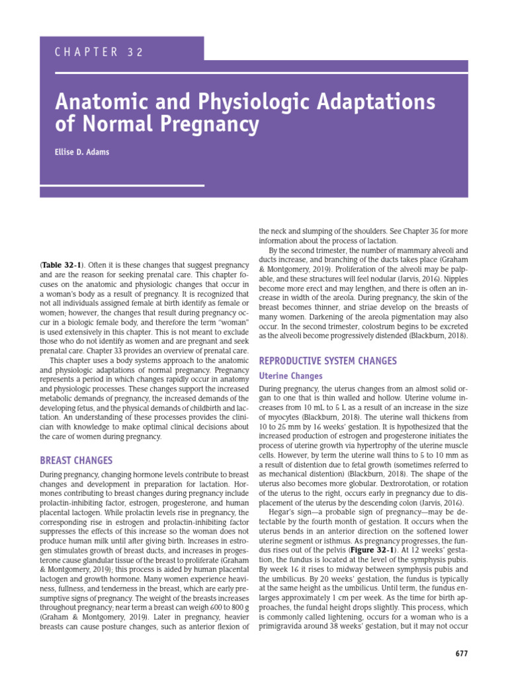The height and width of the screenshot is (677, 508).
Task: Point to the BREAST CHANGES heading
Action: pyautogui.click(x=76, y=460)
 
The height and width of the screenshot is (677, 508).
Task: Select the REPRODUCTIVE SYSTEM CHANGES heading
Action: pyautogui.click(x=327, y=361)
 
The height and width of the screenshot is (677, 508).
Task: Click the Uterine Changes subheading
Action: pyautogui.click(x=290, y=376)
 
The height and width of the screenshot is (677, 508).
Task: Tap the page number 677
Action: pyautogui.click(x=462, y=654)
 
